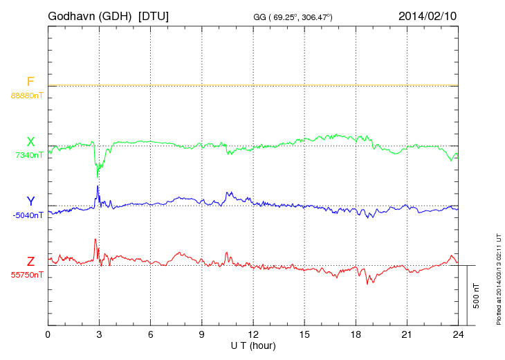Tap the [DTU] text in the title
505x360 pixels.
click(x=154, y=15)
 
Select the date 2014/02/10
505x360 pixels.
click(x=428, y=15)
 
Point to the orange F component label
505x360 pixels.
click(x=30, y=82)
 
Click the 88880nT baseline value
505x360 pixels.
click(x=26, y=95)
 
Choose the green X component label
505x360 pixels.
click(x=30, y=143)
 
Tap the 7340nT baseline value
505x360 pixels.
click(x=28, y=155)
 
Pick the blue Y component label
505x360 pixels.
click(x=30, y=201)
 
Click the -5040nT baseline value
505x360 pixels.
click(x=28, y=215)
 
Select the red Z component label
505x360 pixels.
click(x=30, y=262)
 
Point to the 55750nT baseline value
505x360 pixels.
click(x=26, y=275)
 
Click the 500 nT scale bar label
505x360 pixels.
click(x=477, y=296)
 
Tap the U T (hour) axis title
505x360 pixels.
click(x=253, y=345)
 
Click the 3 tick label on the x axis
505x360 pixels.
click(x=99, y=334)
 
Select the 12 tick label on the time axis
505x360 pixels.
click(x=253, y=334)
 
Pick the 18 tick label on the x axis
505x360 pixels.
click(x=356, y=334)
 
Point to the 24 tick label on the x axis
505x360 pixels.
click(x=458, y=334)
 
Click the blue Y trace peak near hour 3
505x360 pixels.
click(x=98, y=186)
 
